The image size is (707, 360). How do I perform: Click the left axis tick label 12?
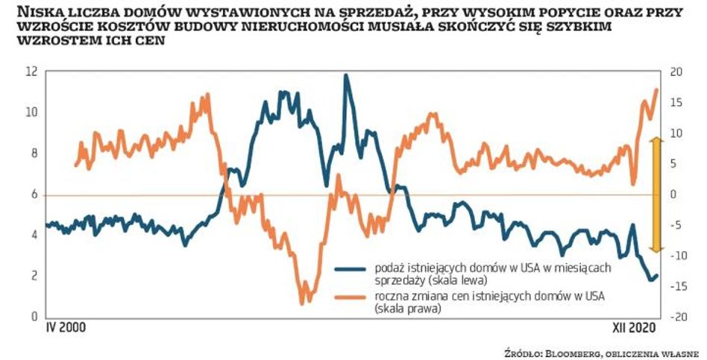tap(31, 72)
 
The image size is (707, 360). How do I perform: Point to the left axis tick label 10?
tap(31, 113)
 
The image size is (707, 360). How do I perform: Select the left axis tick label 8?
tap(34, 154)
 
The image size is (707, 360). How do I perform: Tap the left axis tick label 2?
tap(34, 277)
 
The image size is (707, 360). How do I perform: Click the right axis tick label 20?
tap(676, 72)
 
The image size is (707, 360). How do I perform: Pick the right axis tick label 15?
tap(676, 102)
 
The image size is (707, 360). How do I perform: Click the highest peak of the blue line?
tap(345, 75)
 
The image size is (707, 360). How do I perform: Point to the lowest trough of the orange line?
tap(302, 302)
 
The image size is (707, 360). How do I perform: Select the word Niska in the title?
tap(37, 13)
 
